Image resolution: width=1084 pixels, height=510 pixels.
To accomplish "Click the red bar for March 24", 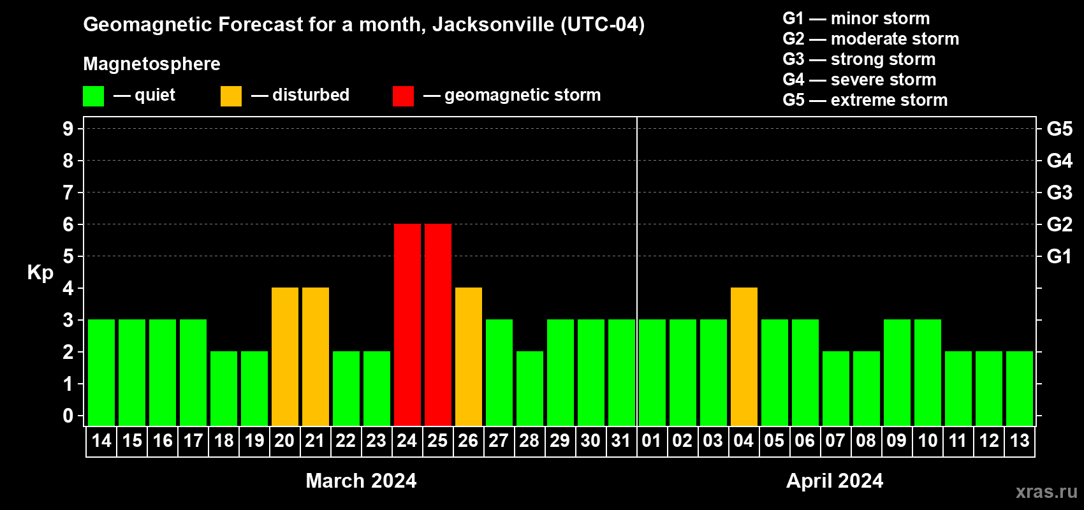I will pyautogui.click(x=407, y=324).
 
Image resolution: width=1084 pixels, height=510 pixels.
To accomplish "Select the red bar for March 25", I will pyautogui.click(x=437, y=324).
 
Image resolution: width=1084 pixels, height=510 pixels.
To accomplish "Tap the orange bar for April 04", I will pyautogui.click(x=743, y=356).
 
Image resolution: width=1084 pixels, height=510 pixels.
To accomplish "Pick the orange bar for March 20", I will pyautogui.click(x=284, y=356).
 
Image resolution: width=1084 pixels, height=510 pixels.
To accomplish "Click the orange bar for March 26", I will pyautogui.click(x=468, y=356).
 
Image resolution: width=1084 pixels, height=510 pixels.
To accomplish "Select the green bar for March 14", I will pyautogui.click(x=101, y=372).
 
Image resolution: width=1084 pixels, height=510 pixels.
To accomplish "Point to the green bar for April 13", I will pyautogui.click(x=1019, y=388).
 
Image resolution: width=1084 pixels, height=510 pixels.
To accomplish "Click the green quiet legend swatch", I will pyautogui.click(x=93, y=96).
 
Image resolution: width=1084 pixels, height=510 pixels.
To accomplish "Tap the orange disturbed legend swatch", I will pyautogui.click(x=231, y=96).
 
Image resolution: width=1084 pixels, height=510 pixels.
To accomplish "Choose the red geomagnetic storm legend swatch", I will pyautogui.click(x=403, y=96).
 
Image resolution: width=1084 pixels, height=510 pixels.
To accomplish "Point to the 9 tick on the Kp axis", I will pyautogui.click(x=68, y=129).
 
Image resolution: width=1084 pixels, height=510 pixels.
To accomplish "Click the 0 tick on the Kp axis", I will pyautogui.click(x=68, y=416).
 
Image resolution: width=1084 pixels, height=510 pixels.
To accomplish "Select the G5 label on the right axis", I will pyautogui.click(x=1059, y=129).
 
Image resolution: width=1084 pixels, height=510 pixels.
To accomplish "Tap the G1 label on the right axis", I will pyautogui.click(x=1059, y=256).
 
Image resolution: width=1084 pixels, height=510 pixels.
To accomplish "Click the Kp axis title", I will pyautogui.click(x=40, y=273).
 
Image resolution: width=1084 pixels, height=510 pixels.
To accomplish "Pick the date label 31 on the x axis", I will pyautogui.click(x=621, y=441).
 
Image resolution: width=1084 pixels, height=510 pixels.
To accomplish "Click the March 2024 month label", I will pyautogui.click(x=361, y=481).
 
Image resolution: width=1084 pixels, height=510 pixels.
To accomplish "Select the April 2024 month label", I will pyautogui.click(x=835, y=481).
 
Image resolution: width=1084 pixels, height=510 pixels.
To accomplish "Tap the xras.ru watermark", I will pyautogui.click(x=1046, y=492).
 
